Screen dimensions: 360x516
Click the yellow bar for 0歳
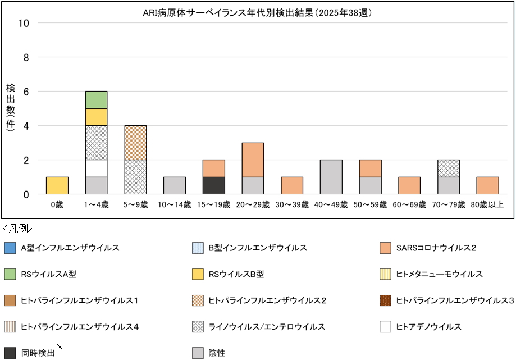click(x=57, y=185)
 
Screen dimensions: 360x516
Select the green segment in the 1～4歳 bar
click(x=96, y=99)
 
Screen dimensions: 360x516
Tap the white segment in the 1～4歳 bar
click(x=96, y=168)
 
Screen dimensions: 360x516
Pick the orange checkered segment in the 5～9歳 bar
click(x=135, y=142)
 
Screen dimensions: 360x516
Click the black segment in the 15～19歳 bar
click(x=213, y=185)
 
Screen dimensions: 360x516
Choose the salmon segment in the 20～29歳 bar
click(x=253, y=160)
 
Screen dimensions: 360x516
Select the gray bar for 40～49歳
click(x=331, y=177)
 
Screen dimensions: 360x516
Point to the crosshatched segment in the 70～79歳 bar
click(x=449, y=168)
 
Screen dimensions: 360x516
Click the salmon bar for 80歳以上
click(x=487, y=185)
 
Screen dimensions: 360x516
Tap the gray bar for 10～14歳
click(x=174, y=185)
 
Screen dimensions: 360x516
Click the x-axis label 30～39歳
click(x=291, y=205)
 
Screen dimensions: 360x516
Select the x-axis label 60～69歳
click(x=409, y=205)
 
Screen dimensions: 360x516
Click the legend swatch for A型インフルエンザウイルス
click(x=10, y=248)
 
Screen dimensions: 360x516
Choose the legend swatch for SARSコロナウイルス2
click(x=385, y=248)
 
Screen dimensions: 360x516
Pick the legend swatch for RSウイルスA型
click(x=10, y=274)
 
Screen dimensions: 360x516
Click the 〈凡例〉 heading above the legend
click(x=17, y=229)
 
